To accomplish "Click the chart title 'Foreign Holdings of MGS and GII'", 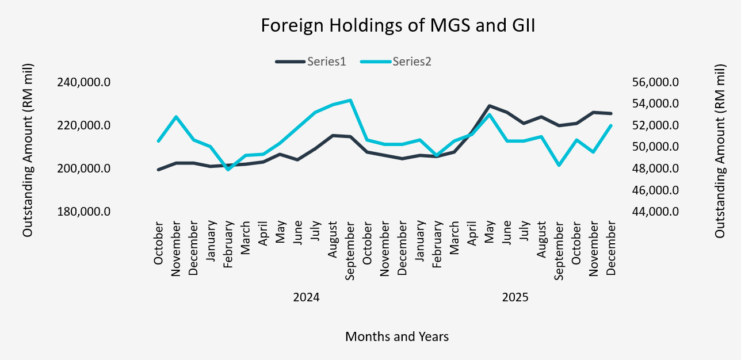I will [x=398, y=26].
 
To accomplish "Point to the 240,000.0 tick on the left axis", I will [x=83, y=82].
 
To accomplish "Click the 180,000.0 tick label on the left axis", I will [x=83, y=212].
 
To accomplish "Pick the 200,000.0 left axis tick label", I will [x=83, y=168].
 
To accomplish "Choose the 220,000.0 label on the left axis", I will [x=83, y=125].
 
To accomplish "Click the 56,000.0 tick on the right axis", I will [x=656, y=82].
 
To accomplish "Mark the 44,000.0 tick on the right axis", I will [x=656, y=212].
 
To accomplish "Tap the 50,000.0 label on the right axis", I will [x=656, y=147].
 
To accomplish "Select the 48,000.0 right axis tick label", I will [x=656, y=168].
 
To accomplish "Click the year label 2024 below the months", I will [x=306, y=298].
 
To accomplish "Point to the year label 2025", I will [x=515, y=298].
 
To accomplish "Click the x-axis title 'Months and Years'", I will [x=397, y=336].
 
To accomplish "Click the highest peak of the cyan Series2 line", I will [x=350, y=100].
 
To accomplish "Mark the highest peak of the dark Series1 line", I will [x=489, y=106].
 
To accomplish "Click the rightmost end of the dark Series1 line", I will [x=611, y=113].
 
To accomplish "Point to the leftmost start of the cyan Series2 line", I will [x=158, y=141].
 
